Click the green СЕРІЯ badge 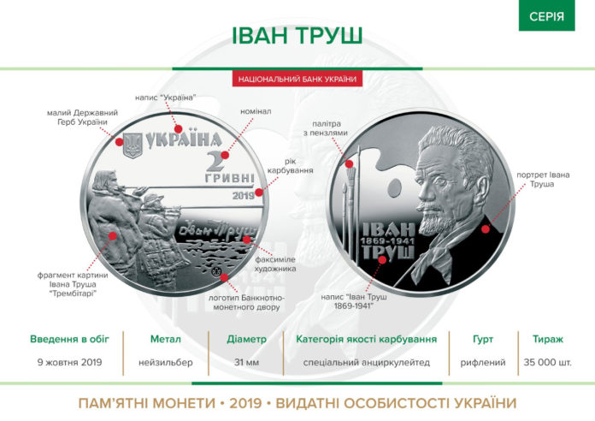(546, 16)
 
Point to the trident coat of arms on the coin (132, 143)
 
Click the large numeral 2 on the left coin (216, 163)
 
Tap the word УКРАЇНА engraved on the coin (183, 139)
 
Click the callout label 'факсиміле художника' (274, 263)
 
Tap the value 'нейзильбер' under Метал (164, 362)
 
